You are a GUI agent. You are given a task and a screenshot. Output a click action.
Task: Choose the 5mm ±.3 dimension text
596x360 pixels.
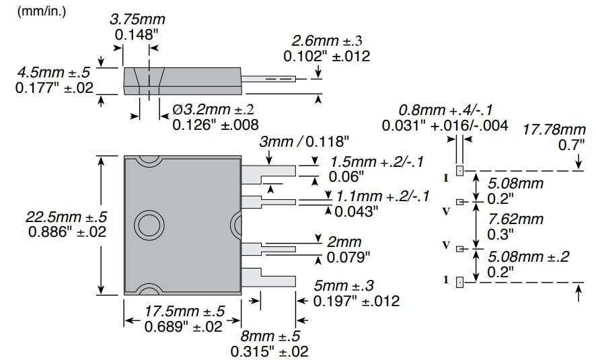click(357, 286)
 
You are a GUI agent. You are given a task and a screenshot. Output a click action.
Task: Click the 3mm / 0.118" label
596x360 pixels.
click(305, 141)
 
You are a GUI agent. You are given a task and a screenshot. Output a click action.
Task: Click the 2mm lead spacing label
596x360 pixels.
click(344, 242)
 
